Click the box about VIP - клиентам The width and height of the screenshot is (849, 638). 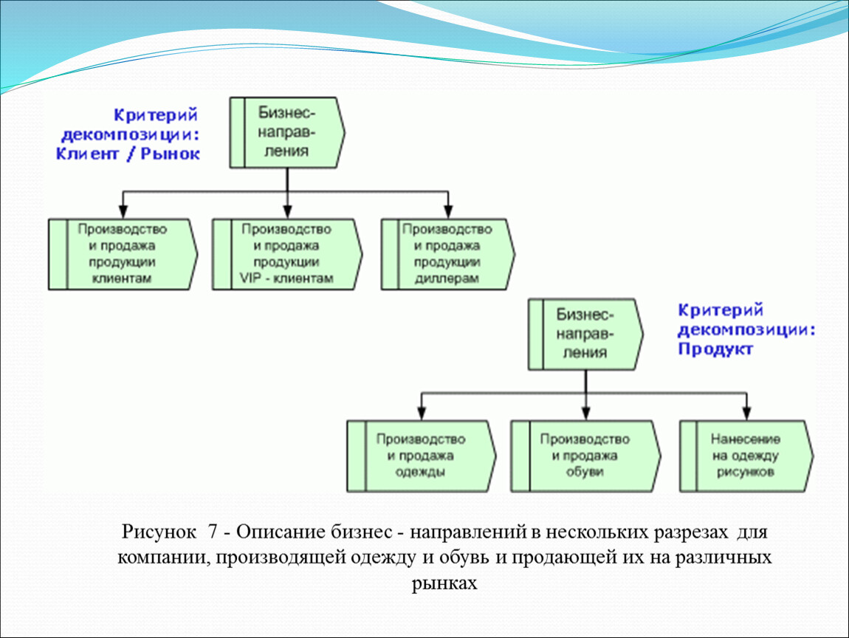coord(287,254)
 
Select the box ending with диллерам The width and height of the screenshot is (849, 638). coord(448,254)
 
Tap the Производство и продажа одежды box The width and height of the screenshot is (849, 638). coord(422,456)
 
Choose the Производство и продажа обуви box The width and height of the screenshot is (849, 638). coord(585,456)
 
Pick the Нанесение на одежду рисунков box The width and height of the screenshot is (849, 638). coord(746,456)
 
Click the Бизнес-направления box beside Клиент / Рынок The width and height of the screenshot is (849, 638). coord(287,133)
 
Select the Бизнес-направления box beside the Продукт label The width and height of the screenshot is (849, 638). coord(586,335)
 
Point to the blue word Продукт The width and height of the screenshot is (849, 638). coord(715,349)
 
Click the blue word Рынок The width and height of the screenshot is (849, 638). coord(170,154)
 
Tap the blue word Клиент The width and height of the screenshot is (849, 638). coord(87,154)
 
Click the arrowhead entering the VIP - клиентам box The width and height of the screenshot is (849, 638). coord(287,211)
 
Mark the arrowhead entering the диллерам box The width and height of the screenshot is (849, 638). coord(448,211)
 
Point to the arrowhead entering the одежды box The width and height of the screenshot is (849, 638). coord(422,414)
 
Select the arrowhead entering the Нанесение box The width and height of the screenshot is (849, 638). coord(746,414)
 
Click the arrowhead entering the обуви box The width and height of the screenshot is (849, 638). coord(586,414)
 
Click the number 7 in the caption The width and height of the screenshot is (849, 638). coord(213,532)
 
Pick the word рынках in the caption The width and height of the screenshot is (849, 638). coord(444,584)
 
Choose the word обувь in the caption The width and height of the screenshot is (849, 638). coord(464,558)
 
